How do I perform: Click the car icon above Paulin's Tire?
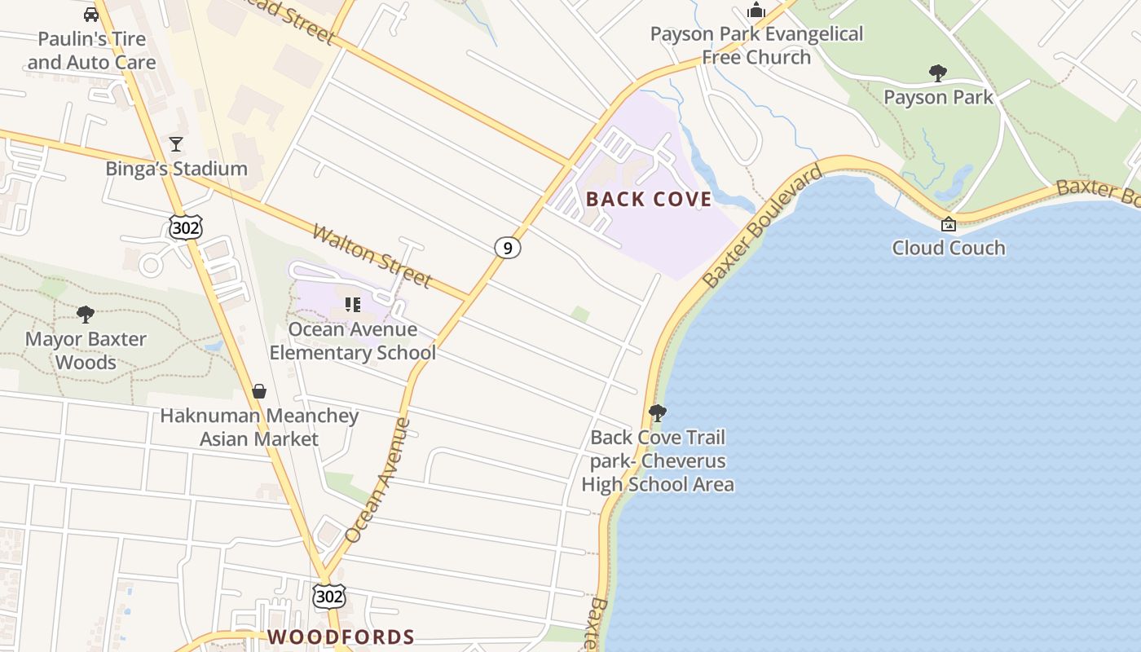coord(91,15)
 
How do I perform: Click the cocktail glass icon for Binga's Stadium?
coord(176,144)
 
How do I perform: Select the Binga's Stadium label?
coord(176,169)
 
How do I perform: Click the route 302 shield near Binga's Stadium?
coord(186,227)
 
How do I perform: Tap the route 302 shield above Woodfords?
coord(329,597)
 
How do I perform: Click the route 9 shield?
coord(507,248)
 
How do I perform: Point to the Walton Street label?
coord(372,256)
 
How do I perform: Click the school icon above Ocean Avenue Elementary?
coord(352,305)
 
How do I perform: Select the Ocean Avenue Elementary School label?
coord(352,341)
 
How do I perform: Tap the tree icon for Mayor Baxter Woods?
coord(86,315)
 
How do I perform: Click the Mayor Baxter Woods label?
coord(86,350)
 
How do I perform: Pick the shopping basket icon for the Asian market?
coord(259,391)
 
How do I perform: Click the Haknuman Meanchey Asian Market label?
coord(259,427)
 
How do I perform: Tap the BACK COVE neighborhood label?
coord(649,200)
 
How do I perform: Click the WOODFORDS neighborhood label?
coord(341,637)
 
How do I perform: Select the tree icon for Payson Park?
coord(938,73)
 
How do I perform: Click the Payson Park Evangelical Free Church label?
coord(756,46)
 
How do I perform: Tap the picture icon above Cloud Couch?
coord(949,224)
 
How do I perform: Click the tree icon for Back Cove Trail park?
coord(658,413)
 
